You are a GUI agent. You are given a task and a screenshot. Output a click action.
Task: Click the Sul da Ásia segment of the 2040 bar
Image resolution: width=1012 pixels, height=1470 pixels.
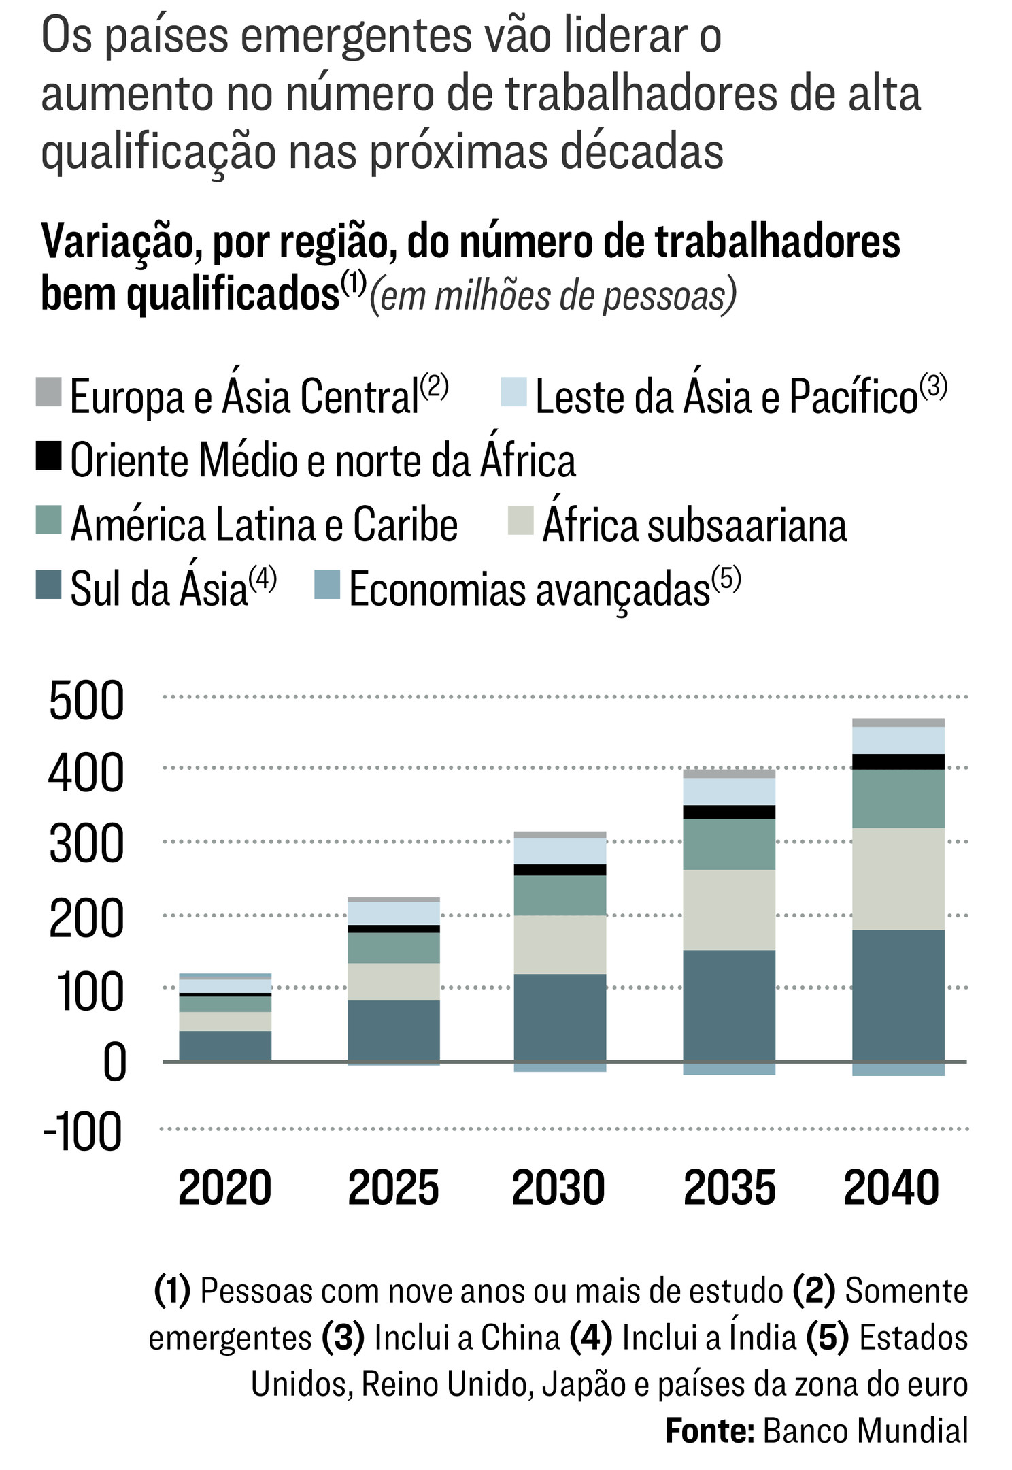898,995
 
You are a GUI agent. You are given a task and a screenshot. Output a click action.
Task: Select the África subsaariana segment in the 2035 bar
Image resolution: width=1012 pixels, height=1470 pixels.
729,909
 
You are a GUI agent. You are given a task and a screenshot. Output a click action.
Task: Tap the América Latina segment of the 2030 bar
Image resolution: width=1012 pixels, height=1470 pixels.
560,895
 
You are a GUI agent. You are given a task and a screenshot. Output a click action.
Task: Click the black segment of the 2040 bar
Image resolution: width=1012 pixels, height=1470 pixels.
898,762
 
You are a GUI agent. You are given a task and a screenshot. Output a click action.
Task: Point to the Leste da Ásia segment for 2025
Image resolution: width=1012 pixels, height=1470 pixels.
393,913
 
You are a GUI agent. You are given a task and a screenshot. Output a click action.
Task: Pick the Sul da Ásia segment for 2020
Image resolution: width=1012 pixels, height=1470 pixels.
225,1045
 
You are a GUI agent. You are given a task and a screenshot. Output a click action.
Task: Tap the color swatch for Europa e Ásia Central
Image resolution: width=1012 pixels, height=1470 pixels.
49,393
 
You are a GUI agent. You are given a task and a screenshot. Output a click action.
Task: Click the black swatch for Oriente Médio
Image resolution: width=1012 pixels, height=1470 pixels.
49,456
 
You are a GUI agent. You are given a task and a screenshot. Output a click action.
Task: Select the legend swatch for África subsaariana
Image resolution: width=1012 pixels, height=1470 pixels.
521,521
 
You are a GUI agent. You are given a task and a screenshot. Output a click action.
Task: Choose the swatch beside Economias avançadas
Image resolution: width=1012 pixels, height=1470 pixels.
327,585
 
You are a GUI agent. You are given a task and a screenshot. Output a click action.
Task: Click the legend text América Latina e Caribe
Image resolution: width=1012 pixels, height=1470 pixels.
264,525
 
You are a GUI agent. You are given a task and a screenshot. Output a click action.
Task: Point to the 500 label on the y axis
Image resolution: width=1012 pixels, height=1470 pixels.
86,701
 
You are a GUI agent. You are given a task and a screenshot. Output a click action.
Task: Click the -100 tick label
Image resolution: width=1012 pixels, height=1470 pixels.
83,1132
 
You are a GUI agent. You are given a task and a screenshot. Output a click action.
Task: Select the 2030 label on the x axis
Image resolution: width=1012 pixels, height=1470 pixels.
558,1188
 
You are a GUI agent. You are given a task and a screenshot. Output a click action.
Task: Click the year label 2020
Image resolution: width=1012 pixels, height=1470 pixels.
224,1188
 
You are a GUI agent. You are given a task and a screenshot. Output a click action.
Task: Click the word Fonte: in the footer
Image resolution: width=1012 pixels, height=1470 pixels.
709,1431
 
